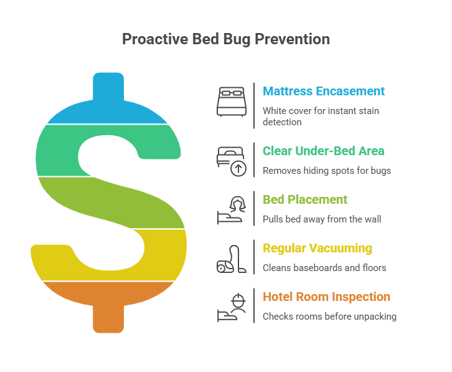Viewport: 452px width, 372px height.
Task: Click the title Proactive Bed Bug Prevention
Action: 225,39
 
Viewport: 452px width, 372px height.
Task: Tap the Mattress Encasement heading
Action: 323,91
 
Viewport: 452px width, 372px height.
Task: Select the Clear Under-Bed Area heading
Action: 323,151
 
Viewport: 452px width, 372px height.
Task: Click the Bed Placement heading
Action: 305,199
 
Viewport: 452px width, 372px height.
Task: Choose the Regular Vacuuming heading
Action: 317,248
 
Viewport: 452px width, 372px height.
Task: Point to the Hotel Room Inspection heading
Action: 326,297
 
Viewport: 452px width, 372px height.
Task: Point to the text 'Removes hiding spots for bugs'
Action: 327,171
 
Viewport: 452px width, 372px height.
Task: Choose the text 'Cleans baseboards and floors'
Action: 324,268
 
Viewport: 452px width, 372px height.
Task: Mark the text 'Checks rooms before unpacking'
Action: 329,317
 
